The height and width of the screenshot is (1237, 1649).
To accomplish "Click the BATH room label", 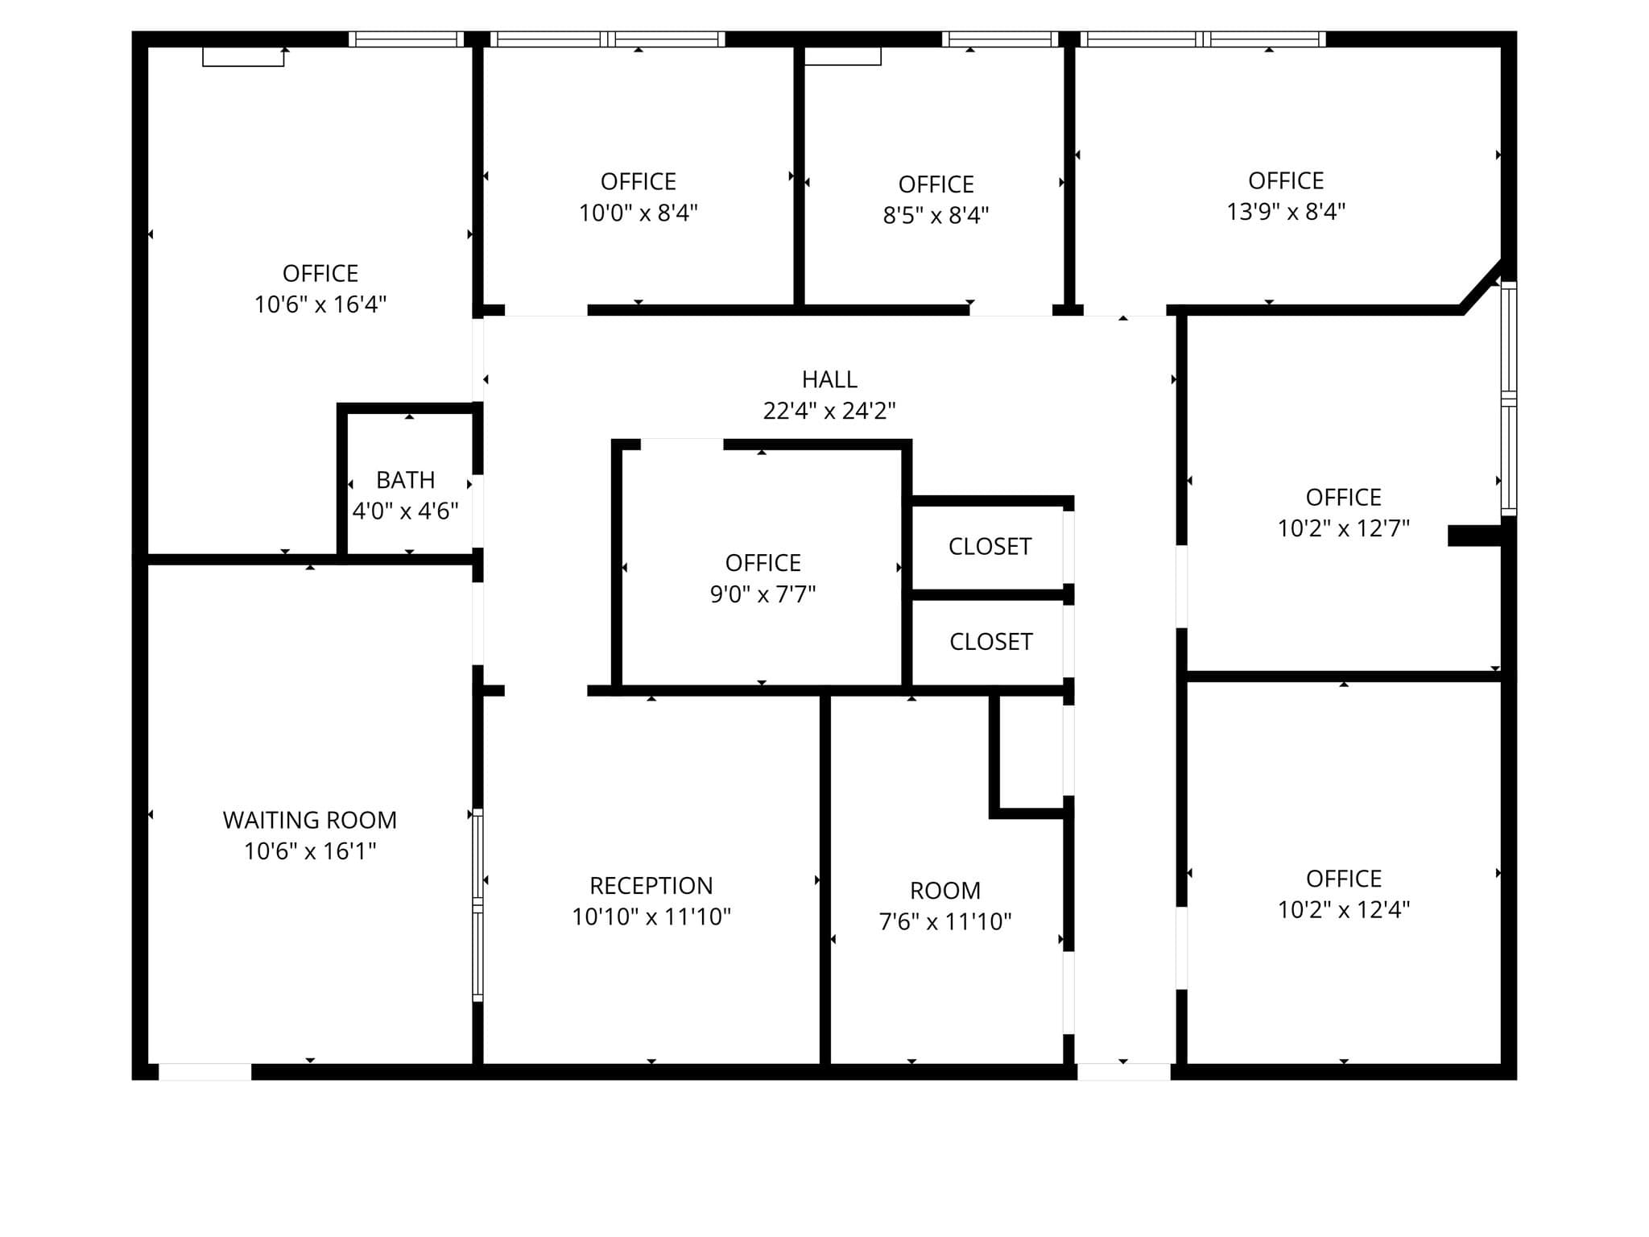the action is tap(406, 480).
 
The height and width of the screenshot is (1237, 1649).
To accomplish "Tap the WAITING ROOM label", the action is tap(310, 820).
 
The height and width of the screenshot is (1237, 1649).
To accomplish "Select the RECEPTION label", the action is tap(651, 886).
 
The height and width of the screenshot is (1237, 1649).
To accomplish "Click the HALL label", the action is tap(829, 379).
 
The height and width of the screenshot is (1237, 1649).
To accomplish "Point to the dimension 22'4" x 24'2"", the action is tap(829, 411).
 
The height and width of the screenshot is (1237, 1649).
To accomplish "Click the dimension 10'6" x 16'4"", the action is tap(320, 304).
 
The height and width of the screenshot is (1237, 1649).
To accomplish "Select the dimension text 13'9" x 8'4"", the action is tap(1286, 212).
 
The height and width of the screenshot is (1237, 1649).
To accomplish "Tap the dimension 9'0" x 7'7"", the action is tap(763, 594).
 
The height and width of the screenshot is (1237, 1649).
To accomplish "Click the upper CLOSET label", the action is tap(990, 547).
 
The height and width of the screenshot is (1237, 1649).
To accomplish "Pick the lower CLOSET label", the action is tap(990, 642).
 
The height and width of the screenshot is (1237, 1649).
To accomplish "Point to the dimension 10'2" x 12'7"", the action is tap(1344, 528).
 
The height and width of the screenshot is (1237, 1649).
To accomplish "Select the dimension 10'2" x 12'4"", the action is tap(1344, 910).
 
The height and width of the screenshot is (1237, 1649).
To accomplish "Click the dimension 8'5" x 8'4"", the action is tap(936, 216).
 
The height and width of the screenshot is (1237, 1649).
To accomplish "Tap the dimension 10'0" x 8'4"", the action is tap(639, 213).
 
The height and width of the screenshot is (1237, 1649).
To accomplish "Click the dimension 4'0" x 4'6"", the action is tap(406, 511).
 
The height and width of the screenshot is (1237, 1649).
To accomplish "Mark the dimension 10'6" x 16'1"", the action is tap(310, 851).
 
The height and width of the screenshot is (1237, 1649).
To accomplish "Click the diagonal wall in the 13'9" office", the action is tap(1482, 285).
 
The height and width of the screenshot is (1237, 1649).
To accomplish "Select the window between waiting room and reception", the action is tap(477, 905).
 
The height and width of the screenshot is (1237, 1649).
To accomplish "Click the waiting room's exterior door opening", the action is tap(205, 1072).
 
